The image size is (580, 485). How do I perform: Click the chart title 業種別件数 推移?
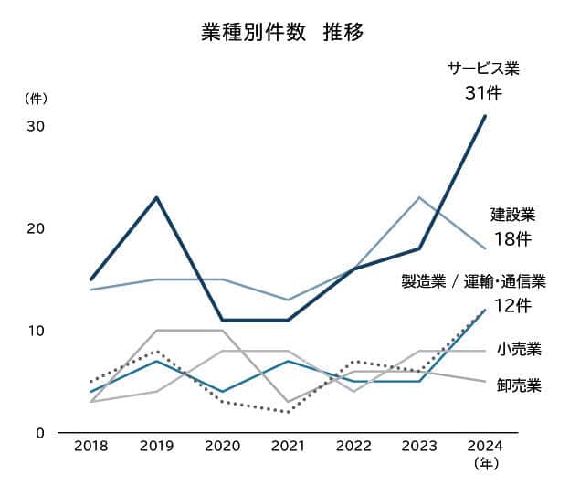pos(282,32)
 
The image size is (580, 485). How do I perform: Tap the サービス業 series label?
pos(483,69)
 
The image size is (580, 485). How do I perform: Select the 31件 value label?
pos(483,92)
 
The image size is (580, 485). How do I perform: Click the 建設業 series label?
pos(512,216)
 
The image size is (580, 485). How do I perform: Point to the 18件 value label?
pos(511,239)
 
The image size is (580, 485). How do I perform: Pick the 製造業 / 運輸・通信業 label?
pos(473,281)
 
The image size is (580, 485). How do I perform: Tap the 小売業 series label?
pos(519,349)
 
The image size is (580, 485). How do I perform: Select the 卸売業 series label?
pos(519,385)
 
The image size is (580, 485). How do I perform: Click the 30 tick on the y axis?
pos(36,126)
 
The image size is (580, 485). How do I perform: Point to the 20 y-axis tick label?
pos(36,228)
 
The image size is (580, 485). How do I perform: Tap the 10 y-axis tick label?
pos(36,330)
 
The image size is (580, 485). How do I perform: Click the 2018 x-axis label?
pos(90,448)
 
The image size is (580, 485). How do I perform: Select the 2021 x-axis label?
pos(288,448)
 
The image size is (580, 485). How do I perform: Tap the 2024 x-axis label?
pos(484,448)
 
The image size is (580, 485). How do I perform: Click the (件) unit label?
pos(35,98)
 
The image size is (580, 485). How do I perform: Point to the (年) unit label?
pos(485,465)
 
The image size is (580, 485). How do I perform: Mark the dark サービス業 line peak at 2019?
pos(156,197)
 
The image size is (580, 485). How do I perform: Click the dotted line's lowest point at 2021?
pos(288,412)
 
